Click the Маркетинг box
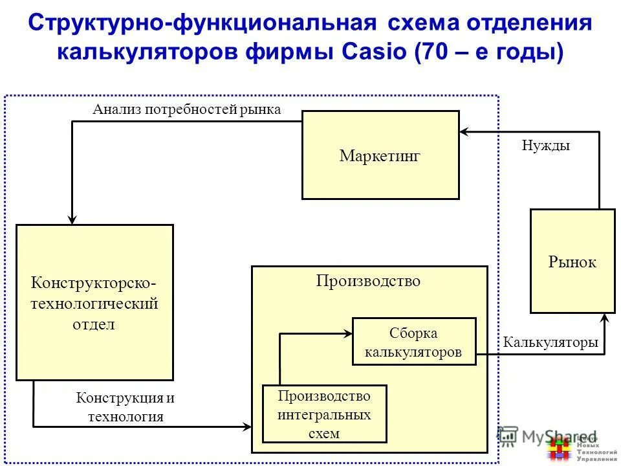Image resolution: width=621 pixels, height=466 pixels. point(380,155)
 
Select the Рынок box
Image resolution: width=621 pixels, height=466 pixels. point(572,261)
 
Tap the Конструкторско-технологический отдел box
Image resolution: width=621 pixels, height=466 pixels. point(94,302)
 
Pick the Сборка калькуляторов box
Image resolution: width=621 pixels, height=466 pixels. point(414,342)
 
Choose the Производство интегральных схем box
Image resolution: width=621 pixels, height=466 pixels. point(324,414)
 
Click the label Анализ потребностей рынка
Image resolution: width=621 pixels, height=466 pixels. point(186,109)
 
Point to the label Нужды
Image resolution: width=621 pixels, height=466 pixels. point(545,146)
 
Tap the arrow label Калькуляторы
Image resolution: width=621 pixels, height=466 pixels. point(550,342)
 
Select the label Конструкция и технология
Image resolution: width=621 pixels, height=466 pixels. point(125,407)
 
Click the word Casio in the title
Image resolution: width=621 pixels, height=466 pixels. point(371,52)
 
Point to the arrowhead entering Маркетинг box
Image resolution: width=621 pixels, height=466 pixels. point(464,132)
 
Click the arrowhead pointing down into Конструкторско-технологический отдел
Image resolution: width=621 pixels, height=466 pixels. point(72,219)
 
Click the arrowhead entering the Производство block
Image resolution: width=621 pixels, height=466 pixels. point(246,427)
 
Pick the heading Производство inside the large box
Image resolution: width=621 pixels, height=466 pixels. point(368,281)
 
